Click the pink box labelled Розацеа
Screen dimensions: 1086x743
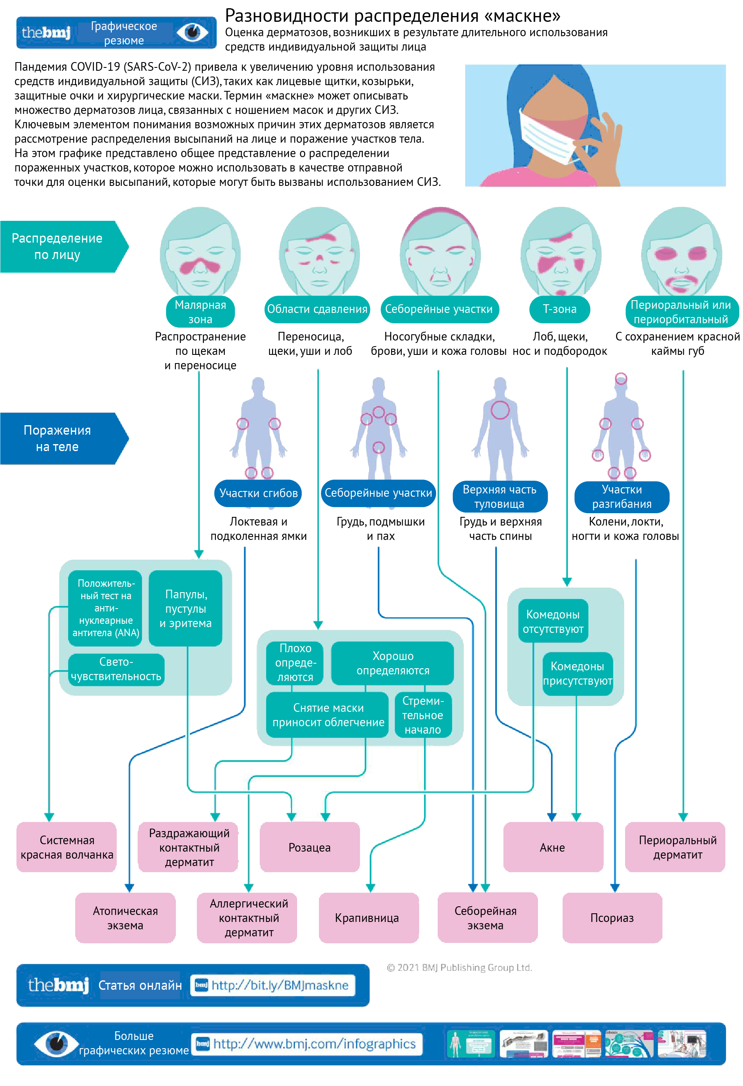pyautogui.click(x=309, y=847)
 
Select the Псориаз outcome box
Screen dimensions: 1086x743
pyautogui.click(x=612, y=917)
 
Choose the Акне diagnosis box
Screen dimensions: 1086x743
pyautogui.click(x=552, y=847)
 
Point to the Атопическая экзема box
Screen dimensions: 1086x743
pyautogui.click(x=125, y=917)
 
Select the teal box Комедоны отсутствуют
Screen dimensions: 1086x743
pyautogui.click(x=553, y=621)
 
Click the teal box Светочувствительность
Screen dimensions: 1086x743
pyautogui.click(x=116, y=669)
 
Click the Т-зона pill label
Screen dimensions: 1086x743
pyautogui.click(x=559, y=309)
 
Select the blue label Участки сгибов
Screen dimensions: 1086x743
pyautogui.click(x=258, y=493)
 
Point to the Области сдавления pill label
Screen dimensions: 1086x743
pyautogui.click(x=317, y=309)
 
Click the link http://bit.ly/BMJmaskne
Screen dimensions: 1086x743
pyautogui.click(x=279, y=985)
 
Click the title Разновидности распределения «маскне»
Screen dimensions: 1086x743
pyautogui.click(x=392, y=16)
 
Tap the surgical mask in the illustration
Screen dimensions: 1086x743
pyautogui.click(x=549, y=136)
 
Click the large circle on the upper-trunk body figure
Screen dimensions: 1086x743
pyautogui.click(x=500, y=410)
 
